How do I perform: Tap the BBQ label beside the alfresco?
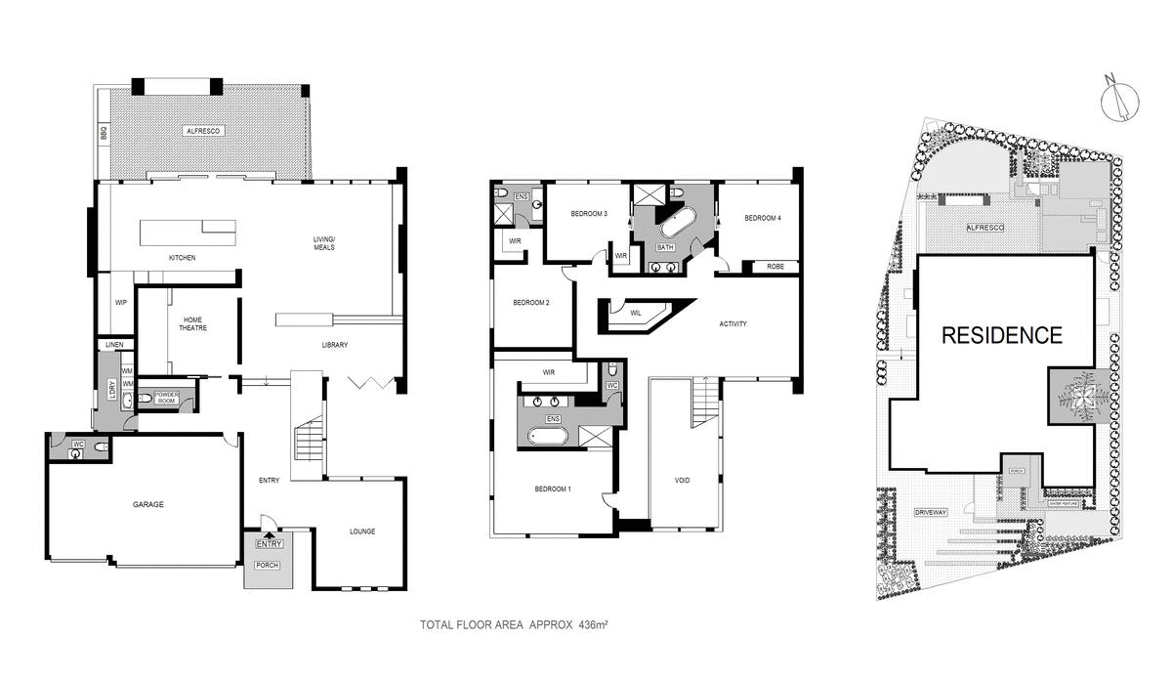[x=102, y=132]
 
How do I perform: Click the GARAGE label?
[x=148, y=505]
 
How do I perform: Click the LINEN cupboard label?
[x=113, y=345]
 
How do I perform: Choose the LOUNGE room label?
[x=362, y=531]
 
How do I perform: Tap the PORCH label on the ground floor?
[x=267, y=565]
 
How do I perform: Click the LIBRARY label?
[x=335, y=345]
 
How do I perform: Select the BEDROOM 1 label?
[x=553, y=489]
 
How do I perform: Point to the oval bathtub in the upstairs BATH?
[x=674, y=224]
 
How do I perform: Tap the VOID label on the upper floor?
[x=683, y=480]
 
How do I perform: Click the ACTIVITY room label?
[x=732, y=324]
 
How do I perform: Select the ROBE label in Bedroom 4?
[x=775, y=266]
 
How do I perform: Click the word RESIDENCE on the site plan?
[x=1001, y=336]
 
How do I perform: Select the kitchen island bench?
[x=189, y=232]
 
